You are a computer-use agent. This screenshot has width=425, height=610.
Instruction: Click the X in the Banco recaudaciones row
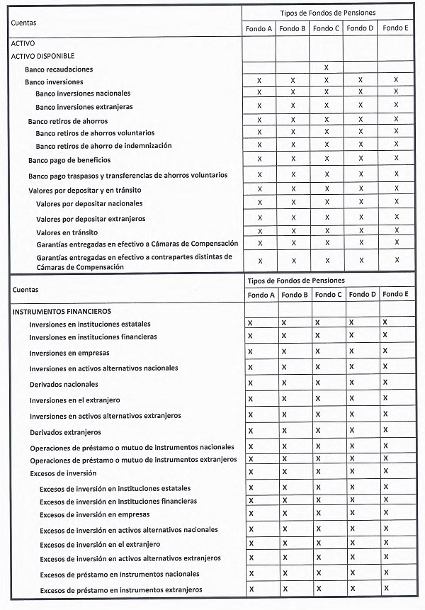click(326, 67)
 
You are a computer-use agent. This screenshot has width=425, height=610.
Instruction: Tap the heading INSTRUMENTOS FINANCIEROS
click(61, 311)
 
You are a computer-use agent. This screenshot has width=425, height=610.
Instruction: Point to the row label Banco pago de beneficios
click(69, 160)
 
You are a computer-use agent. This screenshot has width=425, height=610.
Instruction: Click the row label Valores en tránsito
click(67, 232)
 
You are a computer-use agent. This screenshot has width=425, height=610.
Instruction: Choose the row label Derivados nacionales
click(64, 384)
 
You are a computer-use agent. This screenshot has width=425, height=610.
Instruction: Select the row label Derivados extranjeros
click(65, 432)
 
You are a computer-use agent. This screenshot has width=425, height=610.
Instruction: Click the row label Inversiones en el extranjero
click(74, 400)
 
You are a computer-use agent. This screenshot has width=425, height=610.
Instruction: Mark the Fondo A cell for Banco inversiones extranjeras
click(259, 106)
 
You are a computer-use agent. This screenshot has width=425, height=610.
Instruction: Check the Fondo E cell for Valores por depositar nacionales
click(397, 202)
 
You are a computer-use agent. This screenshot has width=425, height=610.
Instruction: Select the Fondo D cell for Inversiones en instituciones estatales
click(351, 322)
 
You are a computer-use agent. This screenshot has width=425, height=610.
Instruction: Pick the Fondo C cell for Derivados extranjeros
click(317, 430)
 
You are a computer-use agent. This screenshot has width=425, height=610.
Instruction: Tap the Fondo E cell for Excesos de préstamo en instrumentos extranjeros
click(385, 588)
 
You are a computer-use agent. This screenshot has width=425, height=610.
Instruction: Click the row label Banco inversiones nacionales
click(83, 94)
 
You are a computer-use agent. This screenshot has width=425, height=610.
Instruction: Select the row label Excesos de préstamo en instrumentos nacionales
click(119, 574)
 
